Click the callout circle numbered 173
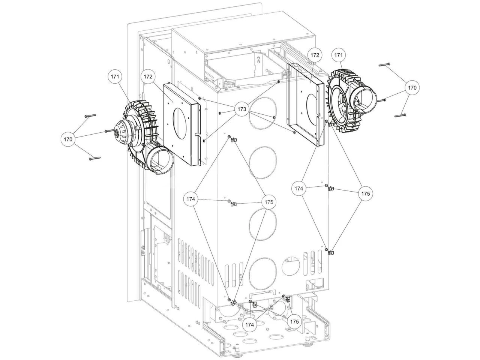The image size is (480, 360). pos(242,109)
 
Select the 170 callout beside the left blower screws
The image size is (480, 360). pos(68,139)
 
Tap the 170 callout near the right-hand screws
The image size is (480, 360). pos(412,88)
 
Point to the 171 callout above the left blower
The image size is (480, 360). pos(115,76)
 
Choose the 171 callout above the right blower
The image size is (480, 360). pos(339,55)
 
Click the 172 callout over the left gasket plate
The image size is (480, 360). pos(148,76)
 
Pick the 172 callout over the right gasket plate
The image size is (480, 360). pos(315,55)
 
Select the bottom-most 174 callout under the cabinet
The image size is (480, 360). pos(250,324)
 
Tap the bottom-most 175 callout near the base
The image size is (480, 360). pos(295,321)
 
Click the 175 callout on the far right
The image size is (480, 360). pos(366,193)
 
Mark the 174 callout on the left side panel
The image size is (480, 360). pos(191,199)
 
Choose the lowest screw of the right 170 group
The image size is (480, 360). pos(400,115)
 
